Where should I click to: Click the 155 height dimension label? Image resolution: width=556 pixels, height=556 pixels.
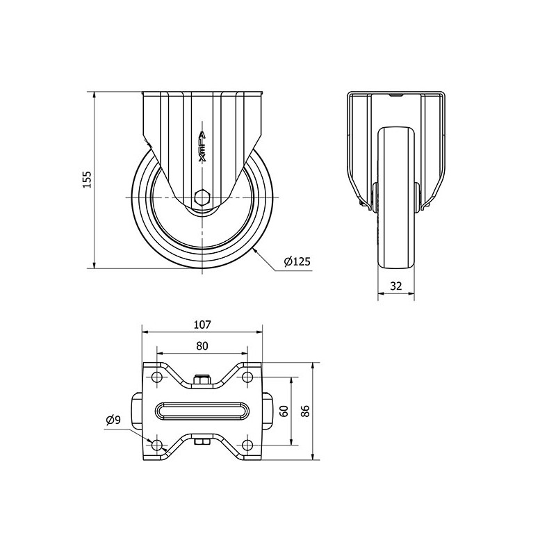(88, 179)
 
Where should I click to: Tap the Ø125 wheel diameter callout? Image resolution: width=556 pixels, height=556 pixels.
(297, 262)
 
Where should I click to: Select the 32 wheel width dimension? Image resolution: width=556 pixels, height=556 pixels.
(395, 286)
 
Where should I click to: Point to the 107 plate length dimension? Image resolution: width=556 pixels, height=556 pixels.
(202, 325)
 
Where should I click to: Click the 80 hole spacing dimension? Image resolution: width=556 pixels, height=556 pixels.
(202, 345)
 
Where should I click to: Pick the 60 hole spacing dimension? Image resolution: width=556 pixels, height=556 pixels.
(284, 411)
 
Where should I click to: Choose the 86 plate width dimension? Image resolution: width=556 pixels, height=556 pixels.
(305, 411)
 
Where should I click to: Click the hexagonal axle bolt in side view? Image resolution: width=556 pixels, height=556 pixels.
(202, 197)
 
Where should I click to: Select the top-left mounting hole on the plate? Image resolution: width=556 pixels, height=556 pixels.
(156, 377)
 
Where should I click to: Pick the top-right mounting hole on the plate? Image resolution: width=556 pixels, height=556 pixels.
(247, 377)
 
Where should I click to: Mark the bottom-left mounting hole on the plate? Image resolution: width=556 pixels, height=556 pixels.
(156, 445)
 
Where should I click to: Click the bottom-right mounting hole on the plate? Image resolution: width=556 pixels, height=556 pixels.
(247, 445)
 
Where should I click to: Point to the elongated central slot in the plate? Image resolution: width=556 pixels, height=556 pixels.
(202, 411)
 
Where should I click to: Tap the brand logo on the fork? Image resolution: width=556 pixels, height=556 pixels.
(202, 147)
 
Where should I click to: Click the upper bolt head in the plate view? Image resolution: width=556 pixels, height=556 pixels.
(202, 379)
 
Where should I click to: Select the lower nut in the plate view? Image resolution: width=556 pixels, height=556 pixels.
(202, 442)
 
